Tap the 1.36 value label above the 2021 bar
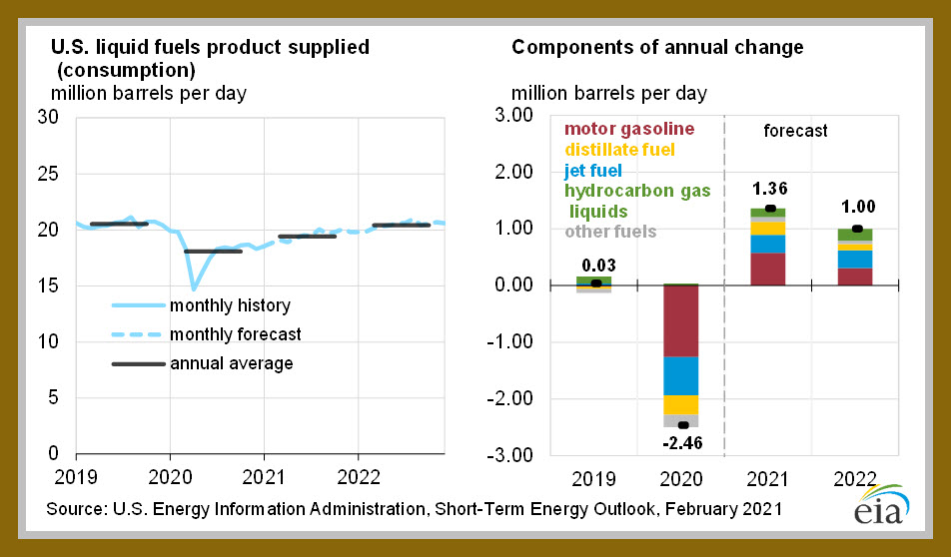click(769, 189)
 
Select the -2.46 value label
click(682, 443)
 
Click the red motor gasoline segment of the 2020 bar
click(681, 320)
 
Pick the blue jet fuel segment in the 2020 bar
click(681, 375)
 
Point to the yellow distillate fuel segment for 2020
click(681, 405)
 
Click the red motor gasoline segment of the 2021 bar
click(768, 269)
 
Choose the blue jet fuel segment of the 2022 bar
click(855, 259)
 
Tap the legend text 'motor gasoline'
click(629, 129)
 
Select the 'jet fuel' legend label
click(593, 171)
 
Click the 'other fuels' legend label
click(610, 232)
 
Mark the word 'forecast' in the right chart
click(795, 131)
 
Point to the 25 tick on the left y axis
click(48, 174)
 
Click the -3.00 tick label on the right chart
click(510, 454)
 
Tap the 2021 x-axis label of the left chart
click(264, 477)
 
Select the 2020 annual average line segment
click(213, 251)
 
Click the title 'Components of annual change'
click(657, 47)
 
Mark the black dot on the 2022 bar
click(857, 229)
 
